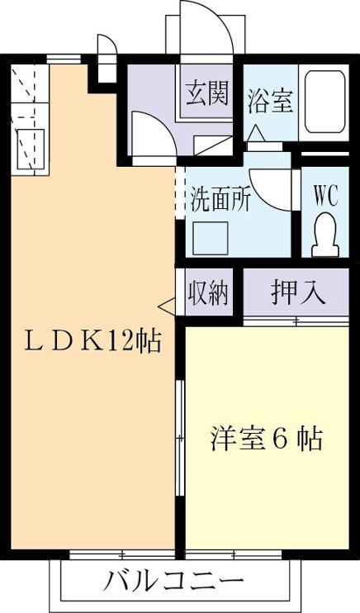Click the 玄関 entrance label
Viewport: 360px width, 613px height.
click(206, 94)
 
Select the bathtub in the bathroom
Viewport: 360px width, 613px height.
click(324, 102)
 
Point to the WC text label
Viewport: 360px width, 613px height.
click(325, 196)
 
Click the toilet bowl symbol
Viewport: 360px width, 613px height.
click(325, 235)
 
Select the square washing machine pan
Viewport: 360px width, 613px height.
click(211, 238)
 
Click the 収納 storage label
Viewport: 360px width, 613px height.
click(208, 292)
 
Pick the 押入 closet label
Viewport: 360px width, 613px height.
click(298, 292)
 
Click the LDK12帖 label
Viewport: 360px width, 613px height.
click(92, 341)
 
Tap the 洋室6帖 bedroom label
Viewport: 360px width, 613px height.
click(268, 439)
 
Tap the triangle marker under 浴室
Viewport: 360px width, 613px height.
click(257, 134)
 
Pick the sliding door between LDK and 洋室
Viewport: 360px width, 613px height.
click(180, 437)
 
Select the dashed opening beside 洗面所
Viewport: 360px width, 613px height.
click(180, 192)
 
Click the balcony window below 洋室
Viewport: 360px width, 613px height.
click(234, 554)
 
